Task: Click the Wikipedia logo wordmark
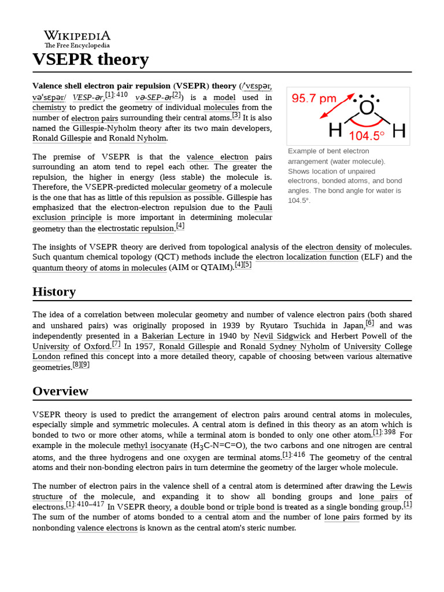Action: (77, 36)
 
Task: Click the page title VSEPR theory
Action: (91, 60)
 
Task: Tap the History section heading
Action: (54, 291)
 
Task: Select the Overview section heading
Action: (60, 391)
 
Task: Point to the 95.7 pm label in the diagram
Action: (314, 98)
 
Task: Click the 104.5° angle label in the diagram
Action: (367, 136)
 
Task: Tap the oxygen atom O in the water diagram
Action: (367, 108)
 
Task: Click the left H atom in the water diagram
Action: (335, 131)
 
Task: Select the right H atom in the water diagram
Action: (398, 131)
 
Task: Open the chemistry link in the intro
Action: (50, 108)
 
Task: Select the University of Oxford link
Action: (71, 346)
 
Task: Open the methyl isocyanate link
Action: (155, 446)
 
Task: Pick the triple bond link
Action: (255, 507)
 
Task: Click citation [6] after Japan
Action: (370, 323)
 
